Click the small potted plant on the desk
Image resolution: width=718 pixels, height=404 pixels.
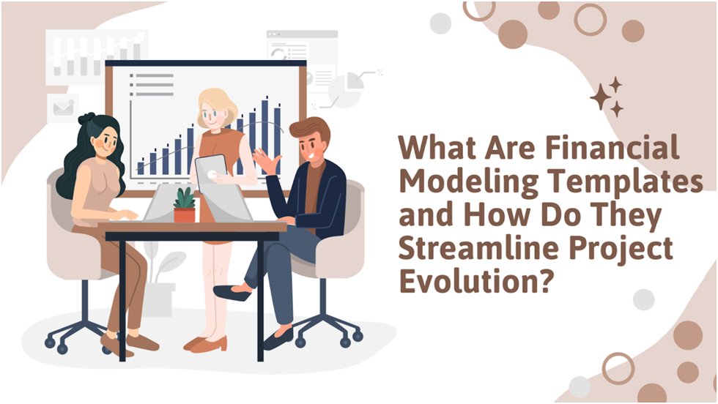pyautogui.click(x=185, y=206)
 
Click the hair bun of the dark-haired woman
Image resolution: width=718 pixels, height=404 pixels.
pyautogui.click(x=86, y=119)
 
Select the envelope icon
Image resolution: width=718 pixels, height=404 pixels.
pyautogui.click(x=63, y=108)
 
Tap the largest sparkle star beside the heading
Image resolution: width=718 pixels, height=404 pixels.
pyautogui.click(x=599, y=97)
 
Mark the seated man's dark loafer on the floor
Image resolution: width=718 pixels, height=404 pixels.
pyautogui.click(x=278, y=339)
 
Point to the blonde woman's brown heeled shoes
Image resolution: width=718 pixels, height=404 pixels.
pyautogui.click(x=206, y=343)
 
